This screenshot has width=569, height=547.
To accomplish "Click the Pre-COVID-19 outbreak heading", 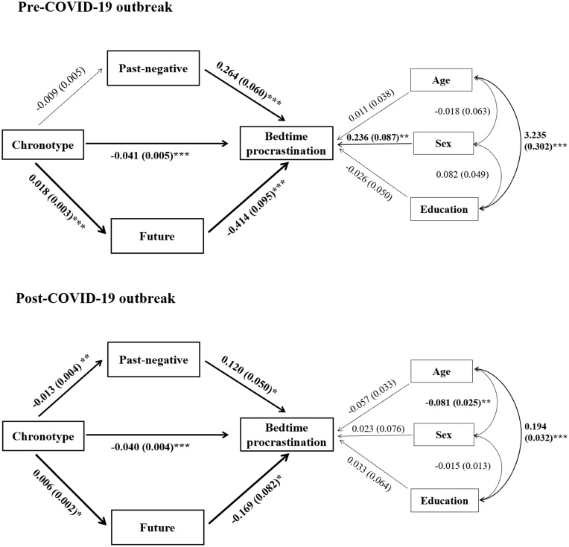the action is [x=95, y=7].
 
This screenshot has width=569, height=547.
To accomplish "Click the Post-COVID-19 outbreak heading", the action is [x=95, y=298].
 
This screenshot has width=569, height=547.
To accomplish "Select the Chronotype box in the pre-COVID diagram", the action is [x=42, y=144].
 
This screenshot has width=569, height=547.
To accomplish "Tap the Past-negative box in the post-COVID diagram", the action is [x=153, y=359].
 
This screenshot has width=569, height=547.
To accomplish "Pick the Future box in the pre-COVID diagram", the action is [x=157, y=236].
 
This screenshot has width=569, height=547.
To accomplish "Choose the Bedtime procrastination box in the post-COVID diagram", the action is [x=287, y=435].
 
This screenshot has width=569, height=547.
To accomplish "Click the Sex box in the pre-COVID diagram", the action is [x=443, y=144].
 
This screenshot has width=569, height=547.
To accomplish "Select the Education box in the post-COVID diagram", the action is [x=445, y=501].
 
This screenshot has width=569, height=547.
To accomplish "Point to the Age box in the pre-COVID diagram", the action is [x=441, y=80].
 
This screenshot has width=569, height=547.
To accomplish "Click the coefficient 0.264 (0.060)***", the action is [x=249, y=84].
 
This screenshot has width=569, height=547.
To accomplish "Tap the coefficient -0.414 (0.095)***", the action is [x=256, y=208].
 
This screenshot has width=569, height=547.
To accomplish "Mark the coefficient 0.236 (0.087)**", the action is [x=378, y=137].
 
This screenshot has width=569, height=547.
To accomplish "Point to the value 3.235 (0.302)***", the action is [x=545, y=141].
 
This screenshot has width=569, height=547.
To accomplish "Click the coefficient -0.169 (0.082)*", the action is [x=257, y=498].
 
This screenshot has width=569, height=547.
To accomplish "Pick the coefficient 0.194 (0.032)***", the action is [x=546, y=432].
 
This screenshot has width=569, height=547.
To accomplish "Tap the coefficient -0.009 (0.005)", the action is [x=60, y=89].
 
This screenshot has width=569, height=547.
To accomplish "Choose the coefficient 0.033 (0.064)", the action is [x=369, y=474].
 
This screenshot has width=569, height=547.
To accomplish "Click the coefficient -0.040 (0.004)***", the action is [x=150, y=447].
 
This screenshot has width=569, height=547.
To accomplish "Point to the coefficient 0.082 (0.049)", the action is [x=462, y=174].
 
